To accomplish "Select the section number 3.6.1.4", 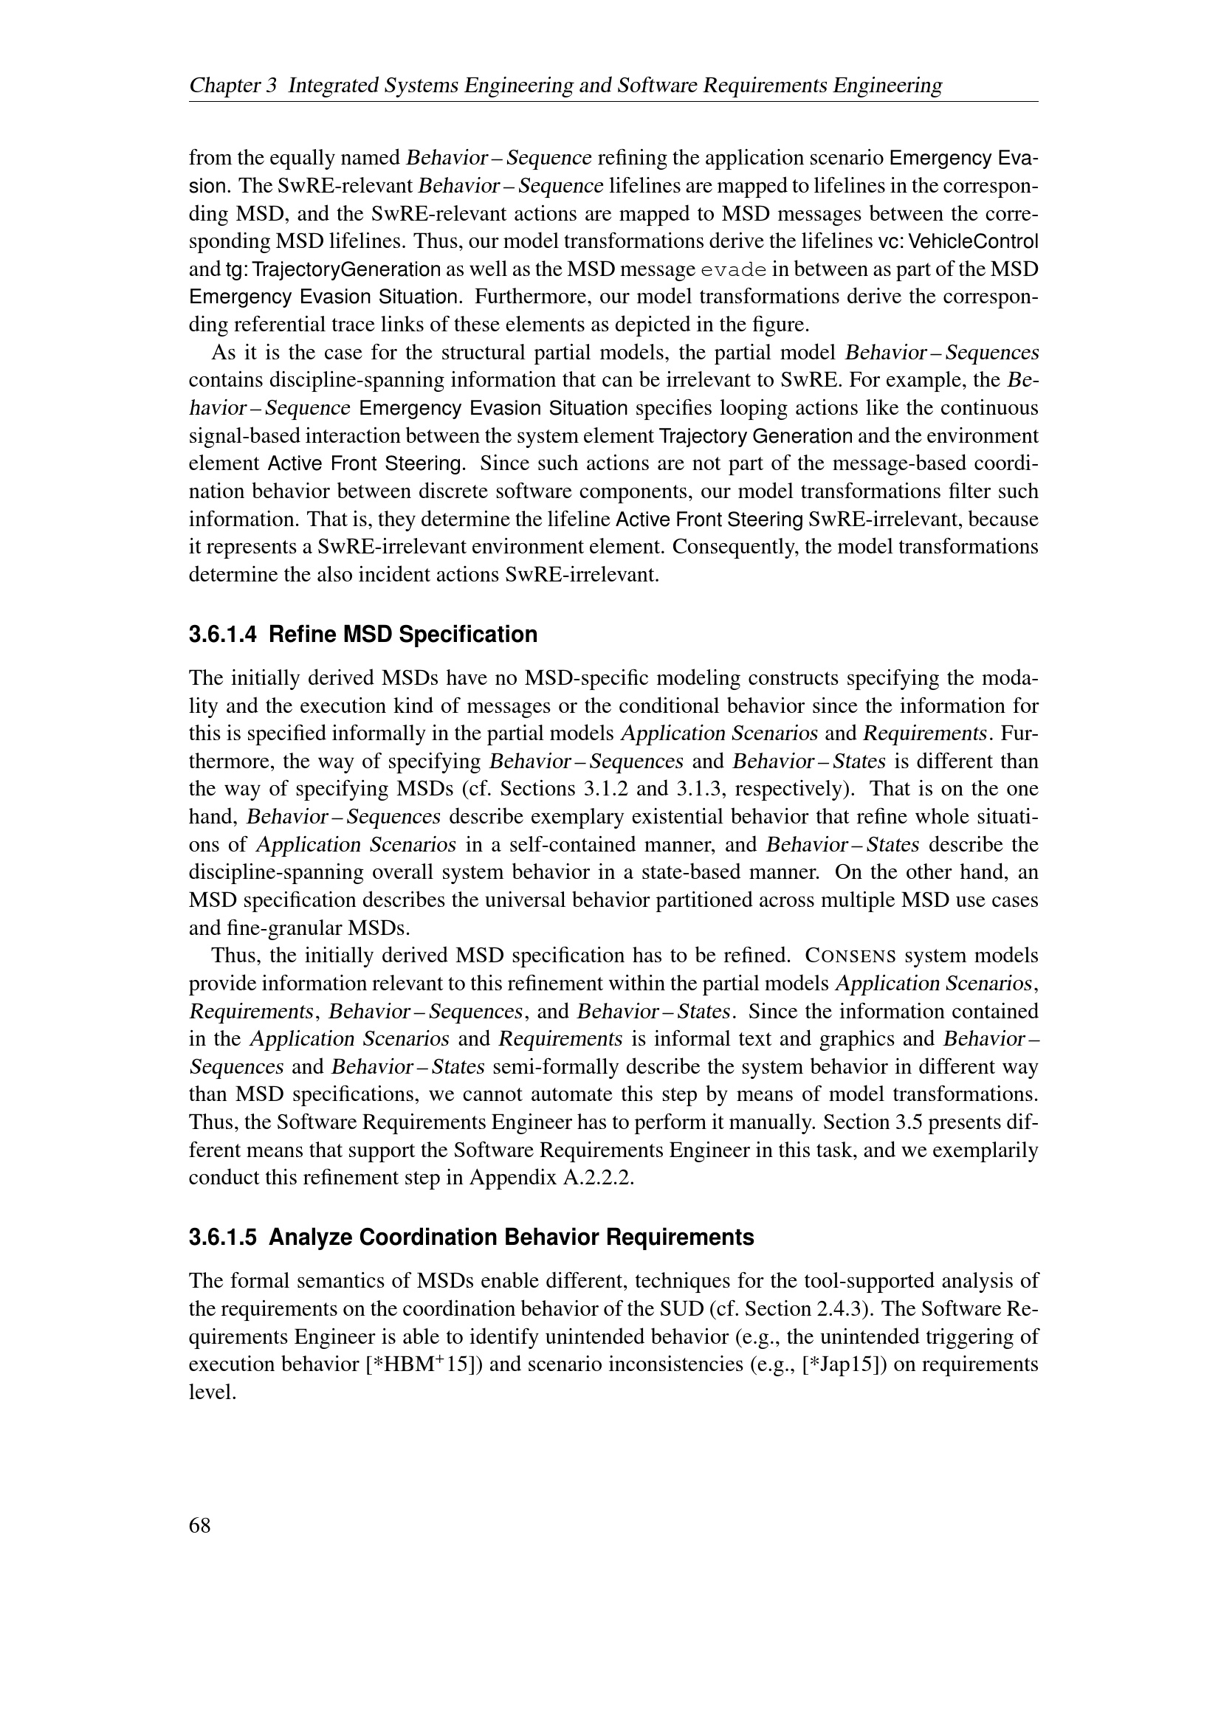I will tap(222, 635).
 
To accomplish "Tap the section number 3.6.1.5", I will tap(222, 1237).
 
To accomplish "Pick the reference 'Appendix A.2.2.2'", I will tap(551, 1177).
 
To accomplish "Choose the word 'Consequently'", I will tap(733, 548).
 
